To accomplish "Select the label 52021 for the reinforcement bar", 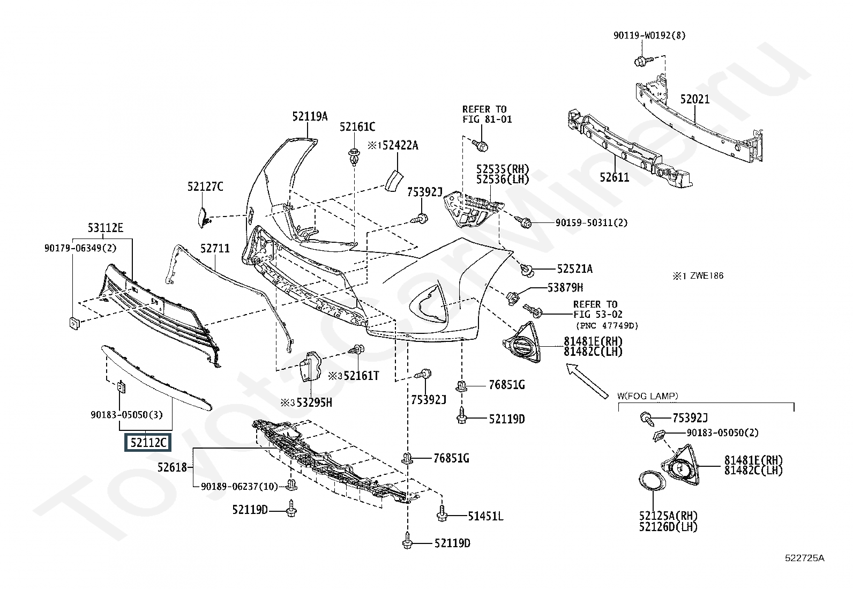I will click(x=695, y=100).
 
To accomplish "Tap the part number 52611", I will click(x=614, y=177).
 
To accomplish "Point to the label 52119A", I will click(x=310, y=116).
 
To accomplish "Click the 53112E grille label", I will click(x=106, y=228).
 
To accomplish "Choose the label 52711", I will click(x=215, y=249).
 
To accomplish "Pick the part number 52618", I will click(x=172, y=467).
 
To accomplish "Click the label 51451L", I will click(x=485, y=517).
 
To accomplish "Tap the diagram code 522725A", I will click(x=805, y=558).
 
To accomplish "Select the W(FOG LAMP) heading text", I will click(x=648, y=396).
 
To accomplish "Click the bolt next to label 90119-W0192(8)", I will click(x=641, y=61).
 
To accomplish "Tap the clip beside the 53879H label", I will click(x=513, y=297).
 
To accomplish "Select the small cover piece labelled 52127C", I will click(x=203, y=216).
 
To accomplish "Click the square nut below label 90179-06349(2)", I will click(x=73, y=323).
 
